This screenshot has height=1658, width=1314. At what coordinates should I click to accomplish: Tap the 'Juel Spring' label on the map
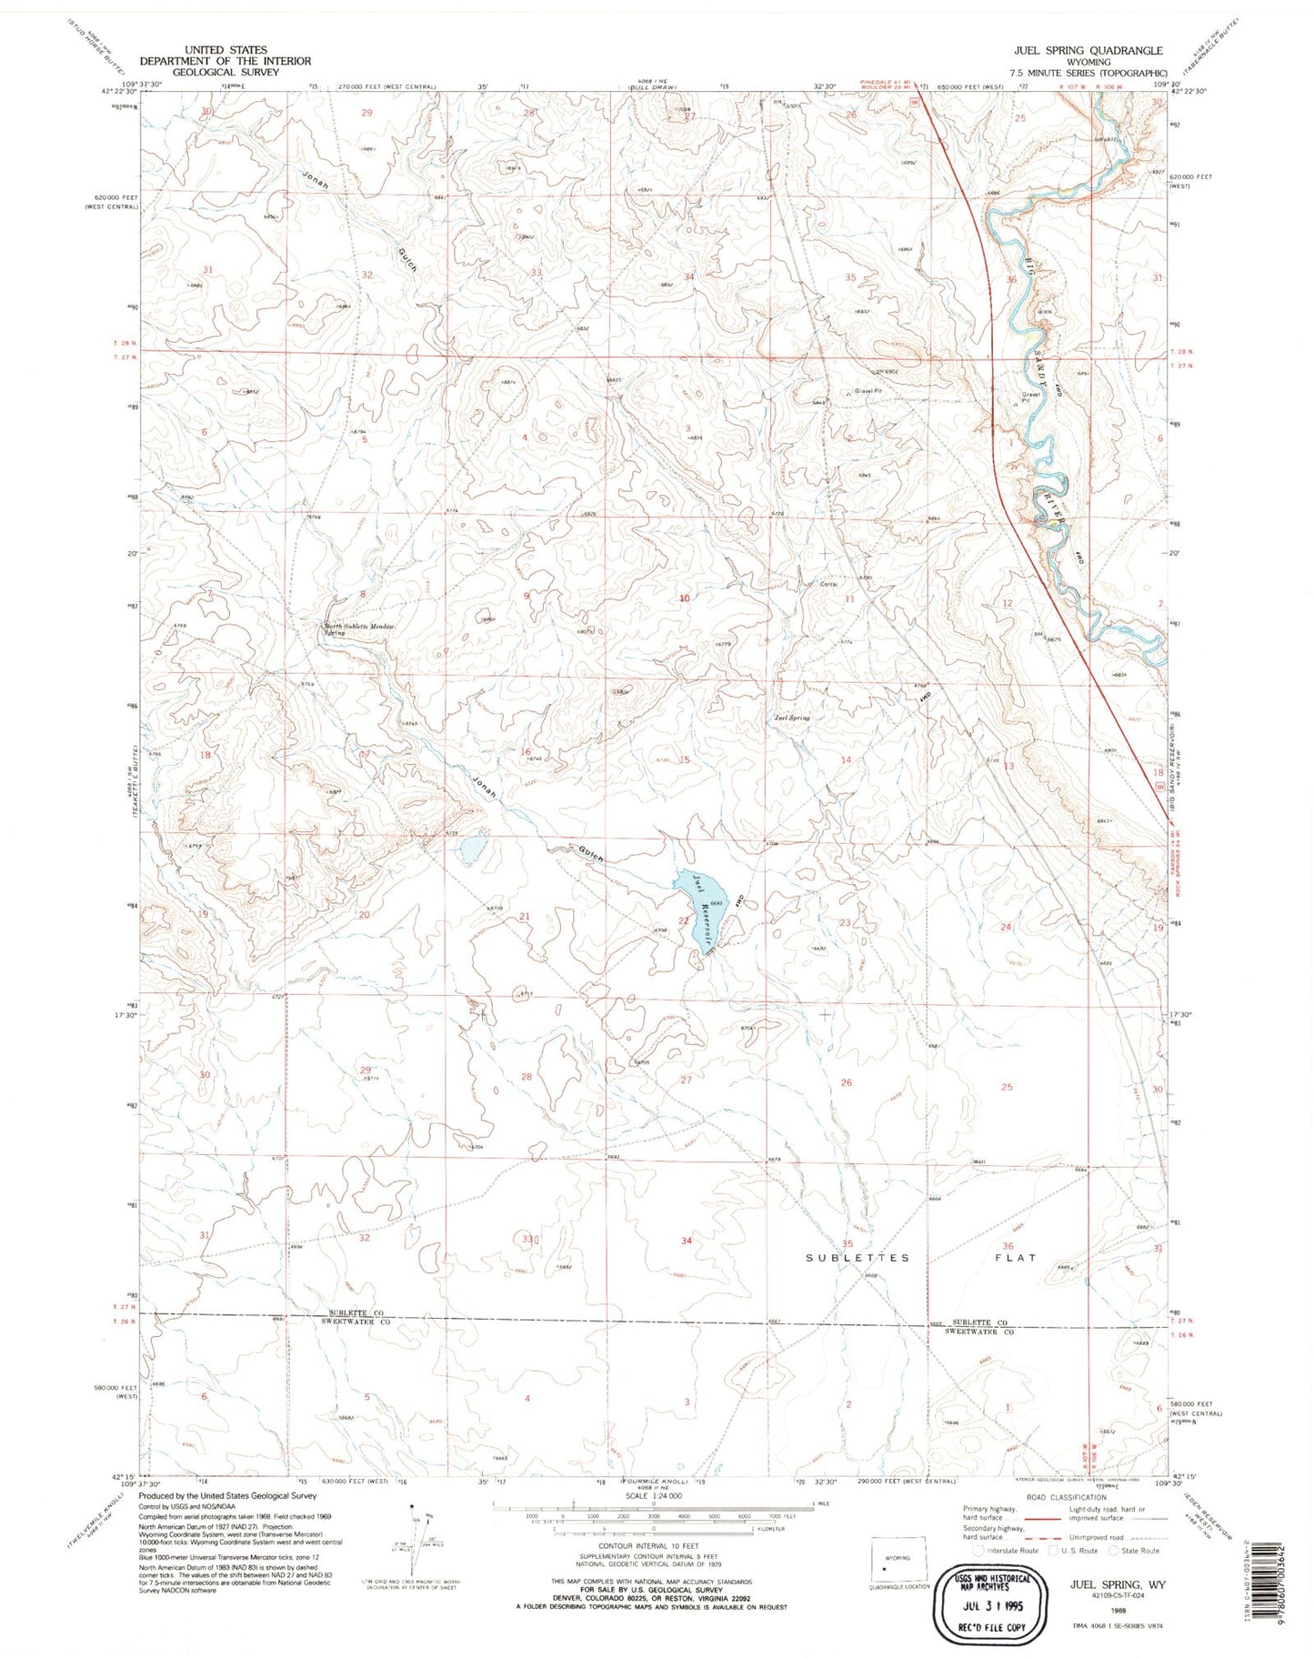pyautogui.click(x=791, y=718)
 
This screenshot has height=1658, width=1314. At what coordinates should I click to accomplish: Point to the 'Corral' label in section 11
pyautogui.click(x=828, y=585)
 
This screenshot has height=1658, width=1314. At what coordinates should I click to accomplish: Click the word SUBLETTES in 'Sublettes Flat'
pyautogui.click(x=858, y=1258)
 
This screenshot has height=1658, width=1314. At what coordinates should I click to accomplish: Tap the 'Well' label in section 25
pyautogui.click(x=978, y=1161)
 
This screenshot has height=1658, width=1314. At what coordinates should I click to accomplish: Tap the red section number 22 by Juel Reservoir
pyautogui.click(x=683, y=921)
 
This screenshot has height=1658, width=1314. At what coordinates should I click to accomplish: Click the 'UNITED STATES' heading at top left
pyautogui.click(x=225, y=50)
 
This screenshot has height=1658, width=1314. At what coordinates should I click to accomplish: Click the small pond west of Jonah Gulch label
pyautogui.click(x=471, y=850)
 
